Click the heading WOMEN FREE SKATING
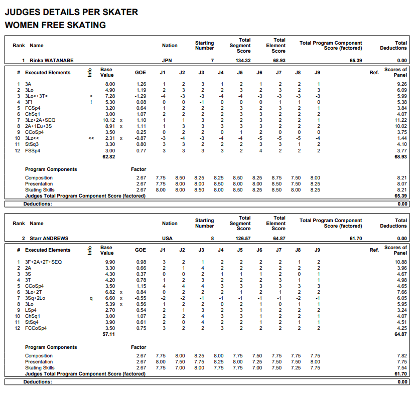pos(55,25)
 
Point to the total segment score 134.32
pos(243,60)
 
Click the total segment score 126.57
pos(243,239)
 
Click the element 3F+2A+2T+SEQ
pos(44,262)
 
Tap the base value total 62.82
pos(108,157)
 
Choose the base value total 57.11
pos(108,335)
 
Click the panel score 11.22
pos(401,120)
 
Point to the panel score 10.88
pos(401,262)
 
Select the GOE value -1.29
pos(141,96)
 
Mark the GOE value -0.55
pos(141,298)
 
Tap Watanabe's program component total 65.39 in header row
pos(355,60)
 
